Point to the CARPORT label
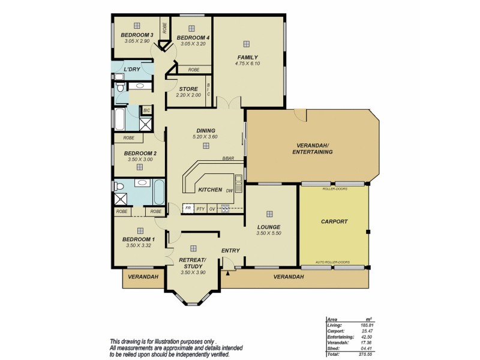(334, 221)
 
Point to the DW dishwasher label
(230, 190)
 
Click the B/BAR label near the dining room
(227, 158)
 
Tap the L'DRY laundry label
(131, 70)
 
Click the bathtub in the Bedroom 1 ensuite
(158, 192)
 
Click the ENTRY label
(230, 250)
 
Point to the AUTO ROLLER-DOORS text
(333, 262)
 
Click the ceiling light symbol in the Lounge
(269, 214)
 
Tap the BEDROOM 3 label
(137, 35)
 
